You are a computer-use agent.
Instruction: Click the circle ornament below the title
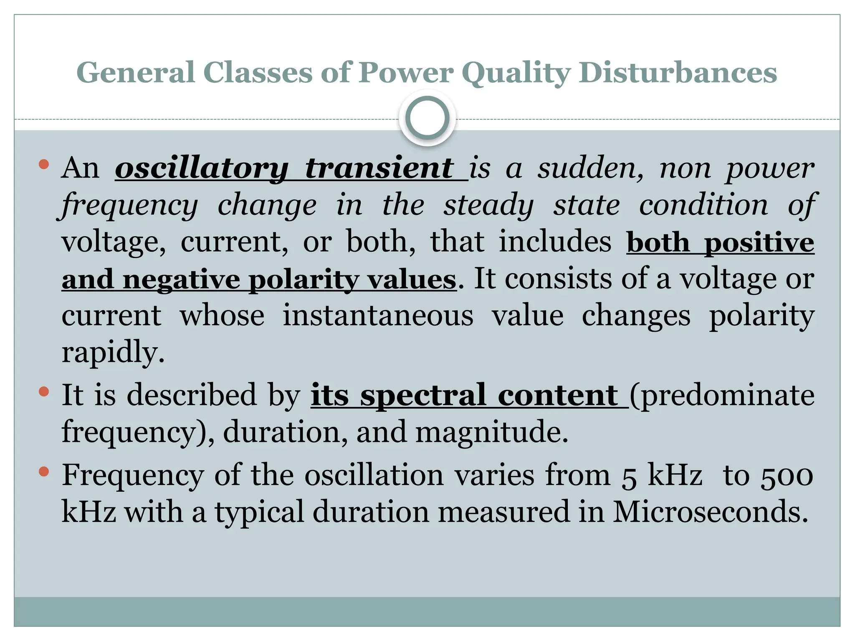coord(427,118)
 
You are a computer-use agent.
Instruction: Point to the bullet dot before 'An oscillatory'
coord(43,164)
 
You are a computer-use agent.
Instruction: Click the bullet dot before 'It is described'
coord(43,392)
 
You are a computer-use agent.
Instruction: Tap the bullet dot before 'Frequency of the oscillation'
coord(43,472)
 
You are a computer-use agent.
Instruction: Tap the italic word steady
coord(488,205)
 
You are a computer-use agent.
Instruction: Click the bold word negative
coord(181,280)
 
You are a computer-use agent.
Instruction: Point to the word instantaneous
coord(378,315)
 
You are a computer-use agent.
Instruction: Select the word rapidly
coord(113,353)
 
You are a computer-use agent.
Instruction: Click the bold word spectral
coord(423,395)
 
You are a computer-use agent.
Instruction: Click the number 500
coord(787,476)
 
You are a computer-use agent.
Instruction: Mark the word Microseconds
coord(710,512)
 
